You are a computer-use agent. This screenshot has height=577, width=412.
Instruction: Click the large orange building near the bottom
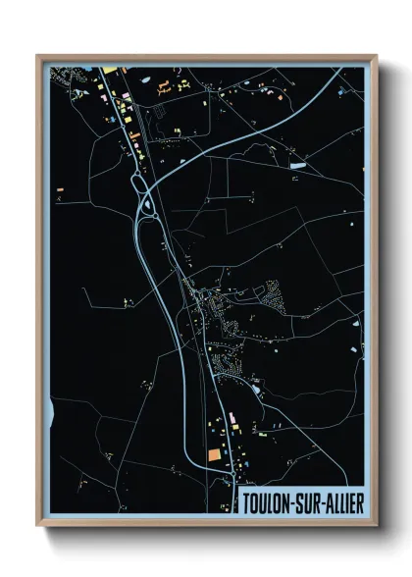(x=215, y=455)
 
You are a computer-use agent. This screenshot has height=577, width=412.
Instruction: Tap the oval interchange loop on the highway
(x=150, y=205)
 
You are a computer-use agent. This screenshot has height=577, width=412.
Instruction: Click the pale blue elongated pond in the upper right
(x=297, y=166)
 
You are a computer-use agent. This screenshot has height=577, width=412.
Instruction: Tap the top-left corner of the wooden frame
(x=37, y=55)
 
